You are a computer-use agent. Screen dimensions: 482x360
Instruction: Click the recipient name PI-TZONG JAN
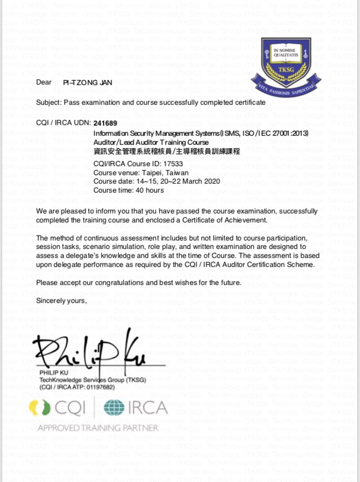87,83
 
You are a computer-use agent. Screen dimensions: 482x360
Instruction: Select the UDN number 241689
106,123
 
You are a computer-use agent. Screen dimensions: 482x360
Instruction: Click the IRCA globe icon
114,408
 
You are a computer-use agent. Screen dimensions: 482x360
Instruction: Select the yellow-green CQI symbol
40,408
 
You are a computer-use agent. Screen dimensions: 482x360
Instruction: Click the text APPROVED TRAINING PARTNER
98,428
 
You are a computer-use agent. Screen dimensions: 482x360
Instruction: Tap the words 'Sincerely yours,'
61,301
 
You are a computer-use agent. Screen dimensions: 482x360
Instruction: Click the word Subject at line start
48,103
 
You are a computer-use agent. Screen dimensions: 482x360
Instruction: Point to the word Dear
43,83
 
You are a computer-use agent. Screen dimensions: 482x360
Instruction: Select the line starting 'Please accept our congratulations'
138,283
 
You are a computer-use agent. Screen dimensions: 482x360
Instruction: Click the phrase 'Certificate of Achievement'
226,220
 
